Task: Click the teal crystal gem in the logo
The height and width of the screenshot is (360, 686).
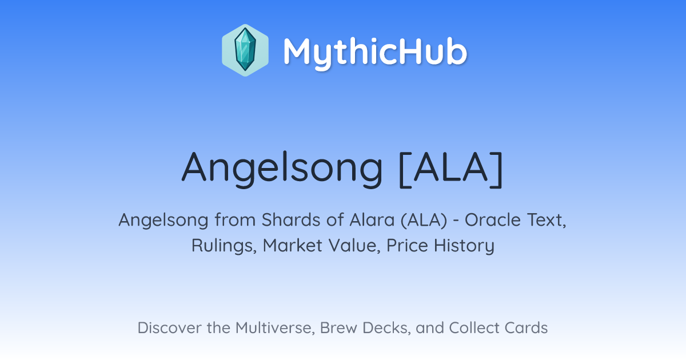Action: point(245,50)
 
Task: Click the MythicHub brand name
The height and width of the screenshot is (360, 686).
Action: point(375,53)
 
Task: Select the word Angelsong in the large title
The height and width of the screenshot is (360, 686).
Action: point(282,169)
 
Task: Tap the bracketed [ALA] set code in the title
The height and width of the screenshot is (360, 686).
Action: point(452,169)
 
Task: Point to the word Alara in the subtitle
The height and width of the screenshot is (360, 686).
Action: point(372,220)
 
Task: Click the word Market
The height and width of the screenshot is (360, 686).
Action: point(293,245)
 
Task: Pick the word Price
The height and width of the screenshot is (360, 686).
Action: point(407,245)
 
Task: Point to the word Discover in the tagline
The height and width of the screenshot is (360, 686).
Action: point(169,327)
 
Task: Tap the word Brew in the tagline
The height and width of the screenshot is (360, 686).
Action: point(338,327)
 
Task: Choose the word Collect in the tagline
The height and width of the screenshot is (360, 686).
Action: point(474,327)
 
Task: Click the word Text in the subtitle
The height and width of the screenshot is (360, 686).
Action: point(547,221)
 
